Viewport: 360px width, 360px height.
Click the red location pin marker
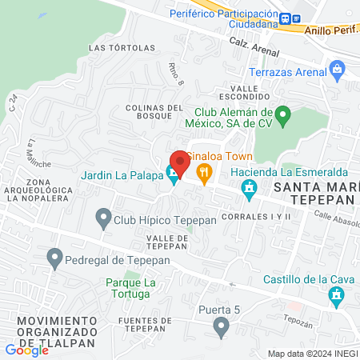(179, 163)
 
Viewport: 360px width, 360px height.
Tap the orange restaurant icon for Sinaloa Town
(204, 170)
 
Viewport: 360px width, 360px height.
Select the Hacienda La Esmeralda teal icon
(249, 189)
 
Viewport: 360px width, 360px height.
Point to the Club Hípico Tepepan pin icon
(102, 217)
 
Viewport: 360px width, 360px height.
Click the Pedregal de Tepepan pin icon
(54, 258)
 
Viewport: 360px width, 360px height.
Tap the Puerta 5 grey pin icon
(222, 326)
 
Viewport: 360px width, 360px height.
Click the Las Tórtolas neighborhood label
(122, 48)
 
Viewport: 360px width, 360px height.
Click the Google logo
(26, 350)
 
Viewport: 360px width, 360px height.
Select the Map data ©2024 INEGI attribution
(313, 354)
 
